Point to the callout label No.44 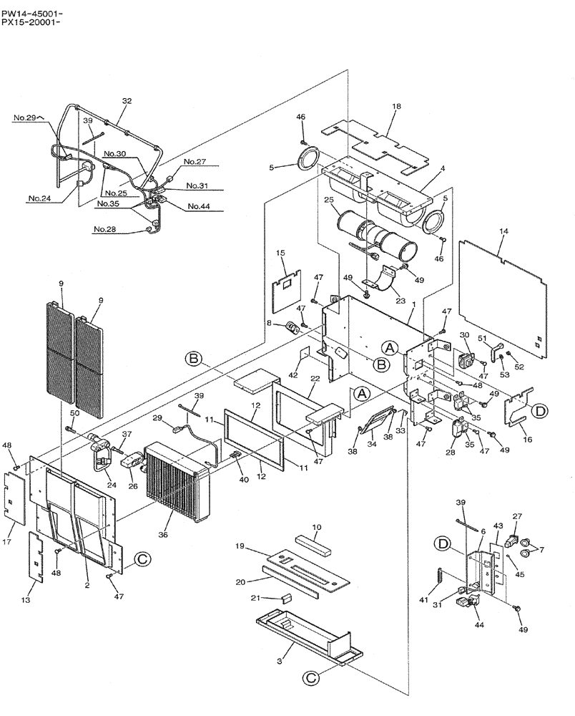pos(199,207)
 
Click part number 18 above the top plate pos(396,106)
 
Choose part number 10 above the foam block pos(316,527)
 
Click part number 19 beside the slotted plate pos(240,546)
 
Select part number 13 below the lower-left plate pos(26,600)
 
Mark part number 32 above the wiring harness pos(127,102)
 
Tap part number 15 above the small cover pos(281,253)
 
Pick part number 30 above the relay pos(463,335)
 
